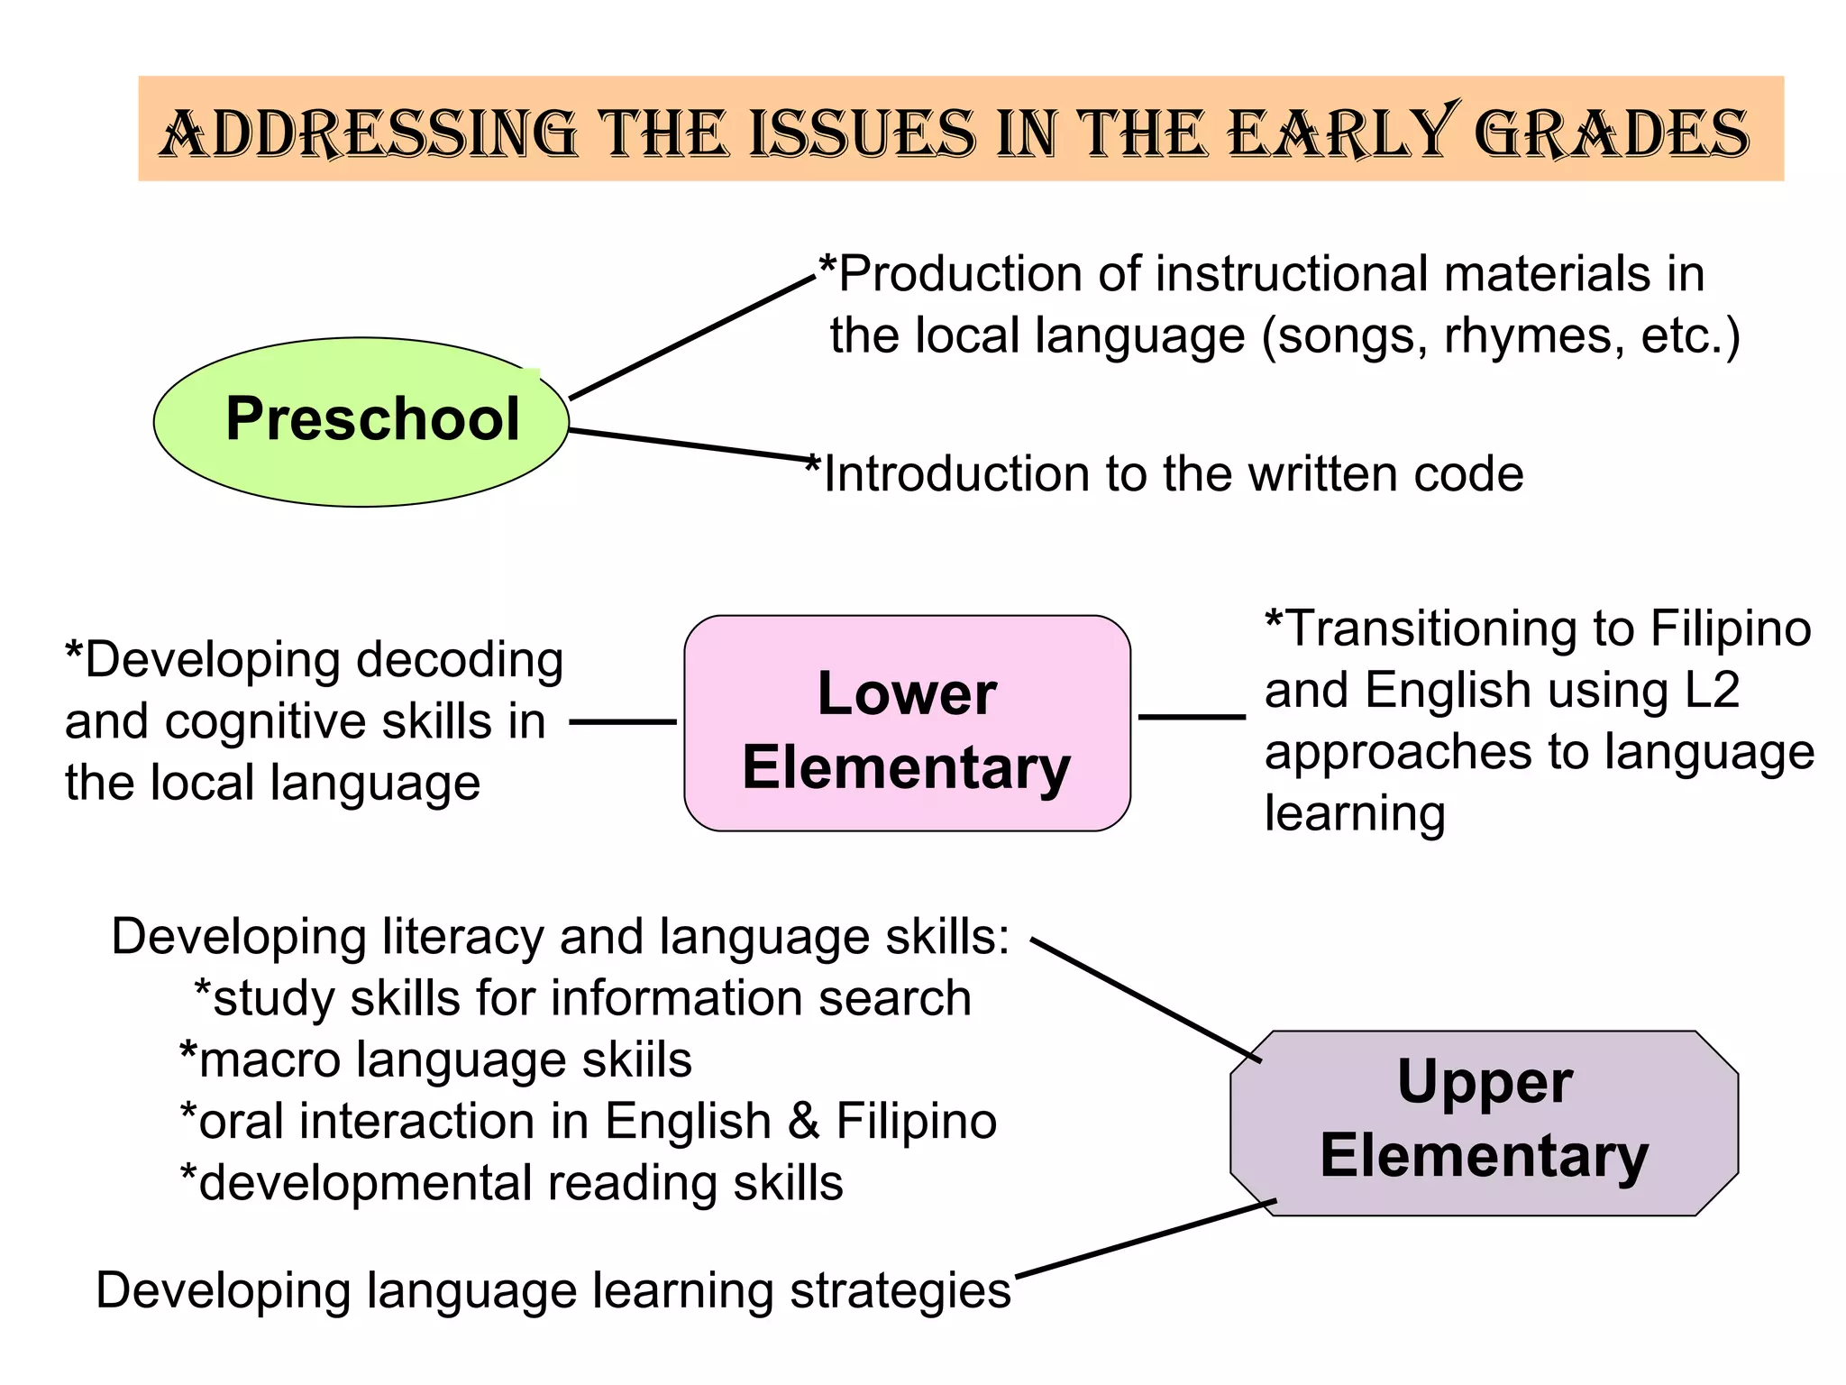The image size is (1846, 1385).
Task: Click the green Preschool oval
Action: pyautogui.click(x=361, y=421)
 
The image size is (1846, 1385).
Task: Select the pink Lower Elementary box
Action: pyautogui.click(x=907, y=723)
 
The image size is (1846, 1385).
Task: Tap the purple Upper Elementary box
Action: pyautogui.click(x=1484, y=1123)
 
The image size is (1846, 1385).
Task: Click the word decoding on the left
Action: pyautogui.click(x=460, y=661)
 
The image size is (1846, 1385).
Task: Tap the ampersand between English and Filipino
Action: pyautogui.click(x=803, y=1122)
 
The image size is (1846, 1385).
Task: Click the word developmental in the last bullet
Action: pyautogui.click(x=366, y=1183)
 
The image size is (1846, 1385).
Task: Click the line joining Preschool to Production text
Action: pyautogui.click(x=692, y=337)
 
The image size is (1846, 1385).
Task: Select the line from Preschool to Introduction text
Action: pyautogui.click(x=690, y=445)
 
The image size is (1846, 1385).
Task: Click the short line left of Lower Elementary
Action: pyautogui.click(x=623, y=721)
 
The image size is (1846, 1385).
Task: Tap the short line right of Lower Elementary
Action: pyautogui.click(x=1192, y=717)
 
